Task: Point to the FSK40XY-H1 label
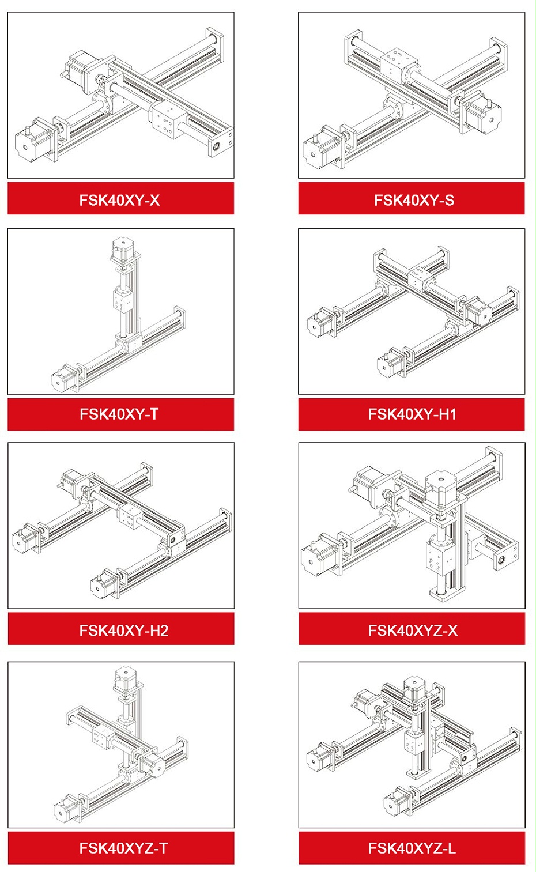(412, 414)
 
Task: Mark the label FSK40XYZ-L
(412, 848)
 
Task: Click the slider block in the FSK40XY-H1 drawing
(421, 278)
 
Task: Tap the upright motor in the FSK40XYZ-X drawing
(441, 489)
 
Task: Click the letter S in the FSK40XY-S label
(449, 200)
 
